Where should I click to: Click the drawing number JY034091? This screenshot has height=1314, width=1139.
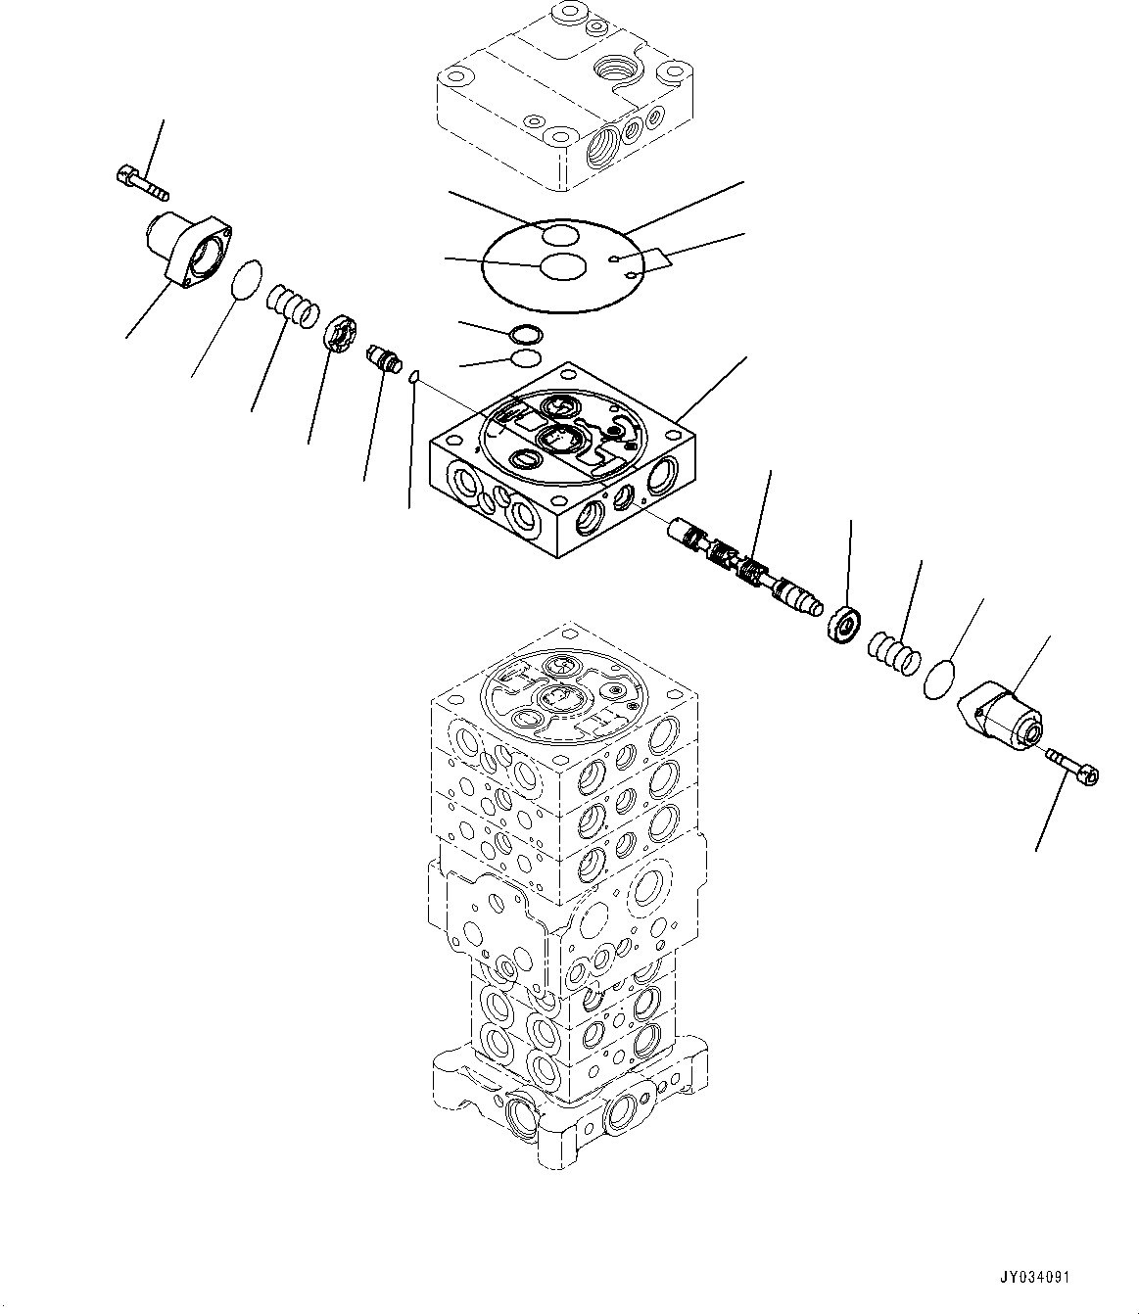click(1036, 1278)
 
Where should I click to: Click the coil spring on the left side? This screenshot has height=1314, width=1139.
click(292, 301)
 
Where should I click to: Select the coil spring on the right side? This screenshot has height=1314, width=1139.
click(893, 652)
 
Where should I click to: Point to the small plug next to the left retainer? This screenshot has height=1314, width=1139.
click(382, 357)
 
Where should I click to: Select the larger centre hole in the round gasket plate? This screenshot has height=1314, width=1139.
click(563, 266)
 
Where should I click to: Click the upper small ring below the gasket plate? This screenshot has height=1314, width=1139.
click(525, 332)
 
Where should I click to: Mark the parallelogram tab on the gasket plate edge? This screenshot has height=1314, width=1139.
click(655, 259)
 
